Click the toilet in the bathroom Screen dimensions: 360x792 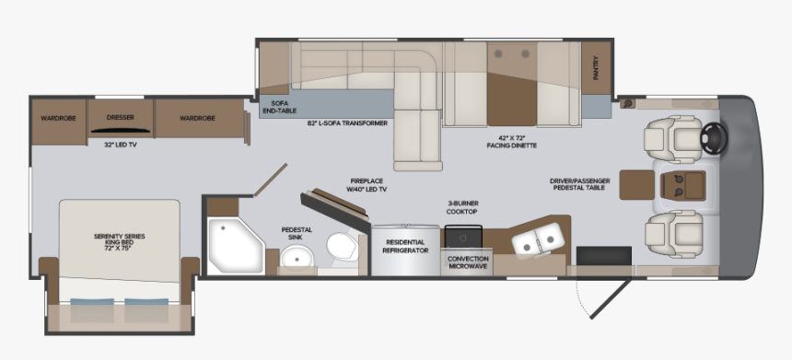coord(340,247)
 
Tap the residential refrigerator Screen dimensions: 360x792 coord(407,247)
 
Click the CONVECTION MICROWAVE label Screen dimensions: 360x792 coord(468,263)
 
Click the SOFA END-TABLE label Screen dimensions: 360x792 coord(275,107)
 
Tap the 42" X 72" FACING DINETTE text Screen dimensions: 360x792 coord(512,142)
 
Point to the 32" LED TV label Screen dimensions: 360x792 coord(121,145)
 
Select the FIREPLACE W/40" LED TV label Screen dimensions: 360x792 coord(367,184)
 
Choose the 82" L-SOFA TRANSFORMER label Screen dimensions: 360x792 coord(347,122)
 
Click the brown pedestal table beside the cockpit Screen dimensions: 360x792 coord(635,183)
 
